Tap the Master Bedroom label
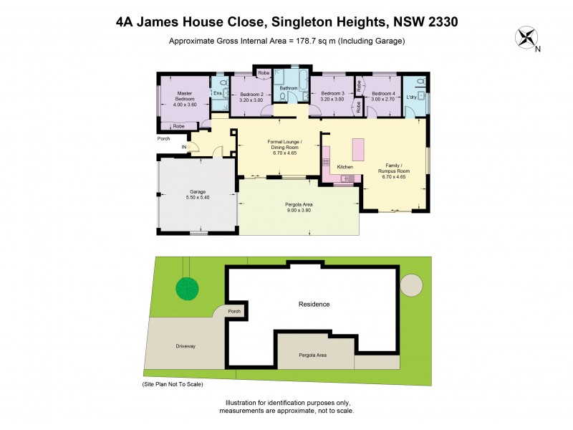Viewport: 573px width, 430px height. pyautogui.click(x=185, y=95)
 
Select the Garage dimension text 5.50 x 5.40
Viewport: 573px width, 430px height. pyautogui.click(x=197, y=197)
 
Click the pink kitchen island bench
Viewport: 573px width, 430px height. pyautogui.click(x=357, y=150)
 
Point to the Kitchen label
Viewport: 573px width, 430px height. pyautogui.click(x=345, y=167)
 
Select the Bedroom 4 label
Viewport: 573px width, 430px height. pyautogui.click(x=384, y=94)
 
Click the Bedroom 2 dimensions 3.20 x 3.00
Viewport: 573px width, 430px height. pyautogui.click(x=251, y=100)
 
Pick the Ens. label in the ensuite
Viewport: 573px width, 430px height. pyautogui.click(x=218, y=93)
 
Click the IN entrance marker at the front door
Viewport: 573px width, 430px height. pyautogui.click(x=184, y=148)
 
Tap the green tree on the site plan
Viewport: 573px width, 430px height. pyautogui.click(x=187, y=288)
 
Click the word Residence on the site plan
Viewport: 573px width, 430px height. pyautogui.click(x=314, y=305)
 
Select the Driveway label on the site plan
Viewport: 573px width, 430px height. pyautogui.click(x=186, y=346)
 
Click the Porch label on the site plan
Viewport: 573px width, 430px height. pyautogui.click(x=234, y=312)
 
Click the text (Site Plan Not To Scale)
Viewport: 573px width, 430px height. pyautogui.click(x=173, y=385)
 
